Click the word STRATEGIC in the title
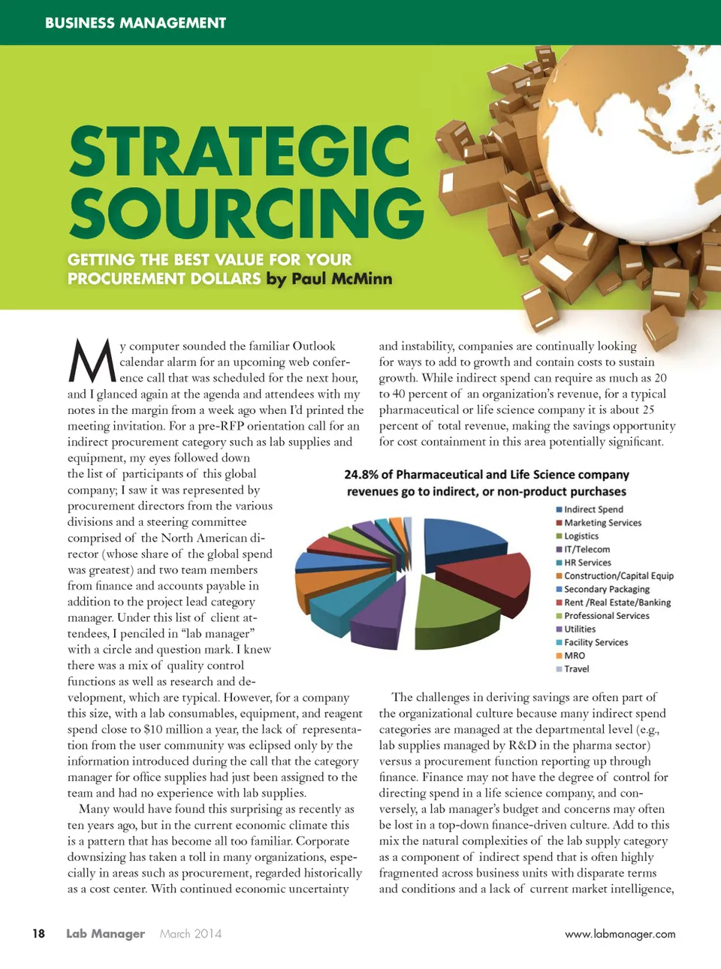point(240,152)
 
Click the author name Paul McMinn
point(341,279)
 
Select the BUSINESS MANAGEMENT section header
point(135,23)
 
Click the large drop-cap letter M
point(92,361)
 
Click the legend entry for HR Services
point(587,563)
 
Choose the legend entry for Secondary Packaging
point(606,589)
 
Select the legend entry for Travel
point(576,669)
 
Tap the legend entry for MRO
point(574,656)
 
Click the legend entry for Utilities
point(579,629)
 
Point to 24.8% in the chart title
point(361,475)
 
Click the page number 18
point(38,934)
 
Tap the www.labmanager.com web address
point(620,934)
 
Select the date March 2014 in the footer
point(191,934)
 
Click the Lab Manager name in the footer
point(105,934)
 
